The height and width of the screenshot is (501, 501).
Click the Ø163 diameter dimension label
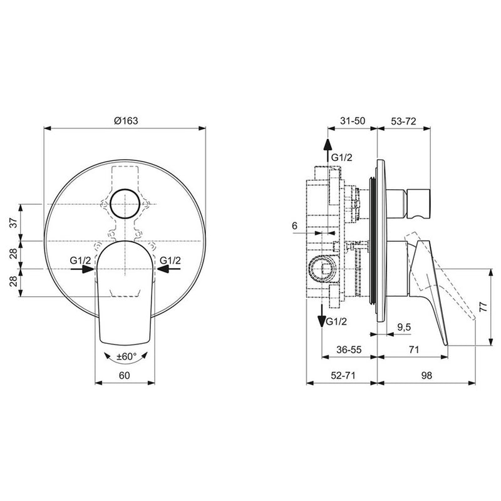pos(125,121)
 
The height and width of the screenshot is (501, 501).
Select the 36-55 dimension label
pos(348,351)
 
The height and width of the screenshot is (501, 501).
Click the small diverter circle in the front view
pos(125,205)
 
